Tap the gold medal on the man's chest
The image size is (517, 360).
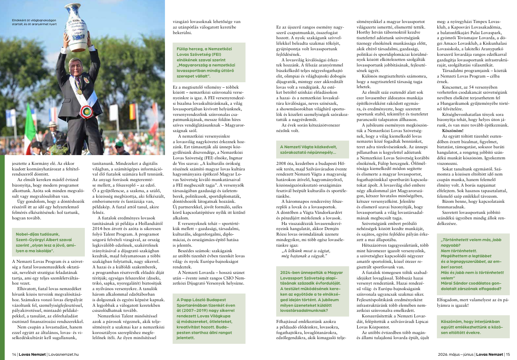tap(79, 91)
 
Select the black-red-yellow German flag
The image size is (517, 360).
tap(133, 111)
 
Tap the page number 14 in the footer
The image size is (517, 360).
tap(14, 354)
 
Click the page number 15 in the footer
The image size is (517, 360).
tap(507, 354)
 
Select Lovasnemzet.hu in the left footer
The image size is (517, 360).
tap(64, 354)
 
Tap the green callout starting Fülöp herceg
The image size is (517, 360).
tap(209, 63)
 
